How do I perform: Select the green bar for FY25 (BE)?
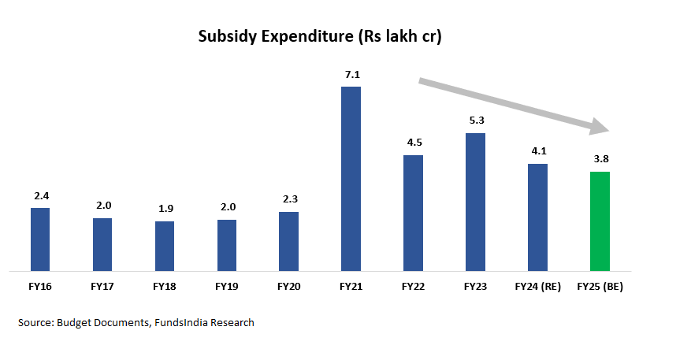click(600, 221)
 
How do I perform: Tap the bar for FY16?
click(40, 239)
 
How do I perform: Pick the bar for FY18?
click(165, 246)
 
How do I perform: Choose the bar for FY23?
click(475, 202)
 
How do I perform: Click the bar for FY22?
click(413, 213)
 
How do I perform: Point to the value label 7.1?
click(351, 75)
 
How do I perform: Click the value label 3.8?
click(600, 159)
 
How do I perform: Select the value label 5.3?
click(475, 121)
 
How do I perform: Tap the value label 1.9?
click(165, 210)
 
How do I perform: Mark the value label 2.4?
click(40, 196)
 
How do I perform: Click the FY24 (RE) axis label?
click(537, 287)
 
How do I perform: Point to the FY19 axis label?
click(226, 287)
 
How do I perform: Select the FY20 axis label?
click(288, 287)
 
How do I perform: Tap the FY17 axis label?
click(102, 287)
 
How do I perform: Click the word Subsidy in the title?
click(225, 37)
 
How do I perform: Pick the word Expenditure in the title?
click(310, 37)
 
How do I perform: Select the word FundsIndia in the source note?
click(185, 322)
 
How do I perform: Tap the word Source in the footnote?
click(35, 322)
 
